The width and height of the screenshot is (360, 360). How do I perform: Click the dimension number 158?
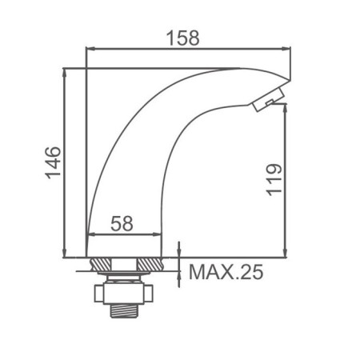[183, 38]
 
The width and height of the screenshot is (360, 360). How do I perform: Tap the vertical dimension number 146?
[53, 162]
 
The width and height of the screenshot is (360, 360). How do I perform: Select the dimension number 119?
[274, 180]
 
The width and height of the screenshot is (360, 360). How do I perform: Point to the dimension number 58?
[122, 224]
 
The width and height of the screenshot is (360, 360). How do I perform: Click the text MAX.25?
[226, 272]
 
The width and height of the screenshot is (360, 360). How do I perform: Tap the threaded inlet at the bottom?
[124, 310]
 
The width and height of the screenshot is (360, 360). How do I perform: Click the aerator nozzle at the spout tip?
[268, 99]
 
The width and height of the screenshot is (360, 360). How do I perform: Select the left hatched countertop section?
[101, 265]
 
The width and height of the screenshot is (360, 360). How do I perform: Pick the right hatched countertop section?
[150, 265]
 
